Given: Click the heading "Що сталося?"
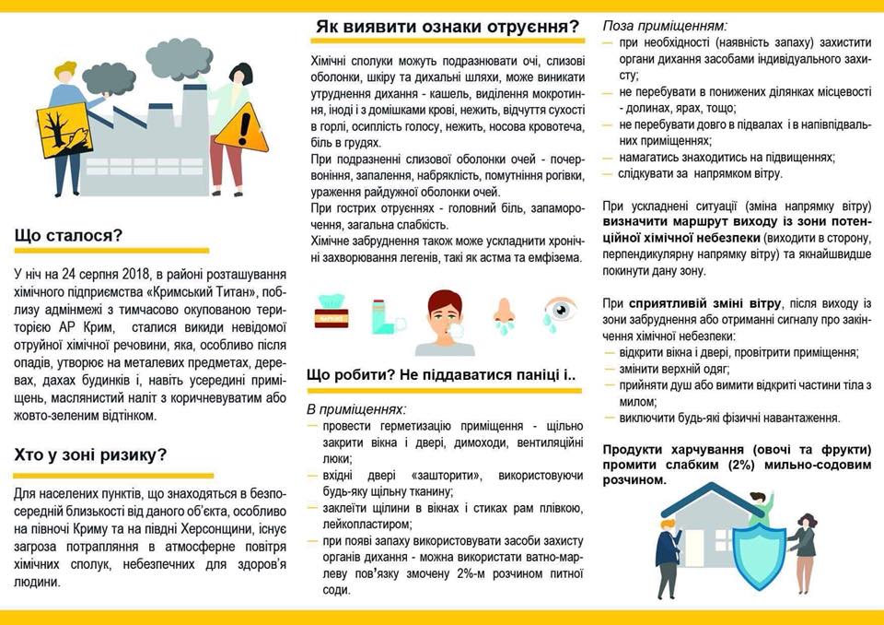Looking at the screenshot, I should tap(68, 236).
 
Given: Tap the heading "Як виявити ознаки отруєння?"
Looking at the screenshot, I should tap(448, 26).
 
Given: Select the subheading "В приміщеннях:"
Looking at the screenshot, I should tap(356, 408).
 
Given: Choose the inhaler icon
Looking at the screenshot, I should tap(387, 316).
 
